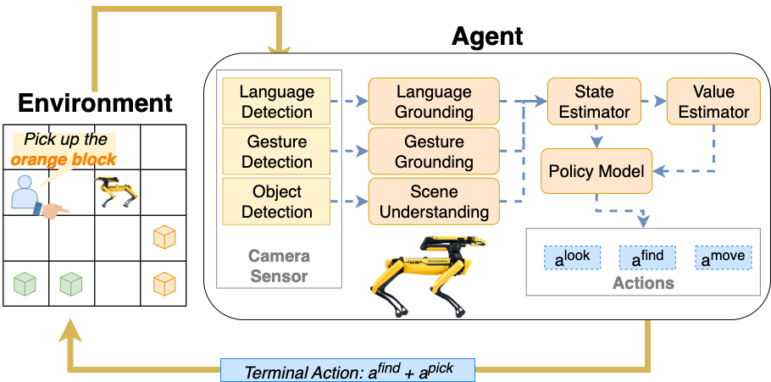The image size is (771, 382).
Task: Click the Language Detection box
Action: pyautogui.click(x=276, y=102)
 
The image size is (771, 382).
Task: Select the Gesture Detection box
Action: pyautogui.click(x=276, y=152)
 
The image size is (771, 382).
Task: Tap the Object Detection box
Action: pyautogui.click(x=276, y=202)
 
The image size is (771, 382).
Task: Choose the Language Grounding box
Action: pyautogui.click(x=434, y=102)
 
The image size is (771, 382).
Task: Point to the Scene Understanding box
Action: pyautogui.click(x=434, y=202)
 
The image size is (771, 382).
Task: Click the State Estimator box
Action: pyautogui.click(x=594, y=102)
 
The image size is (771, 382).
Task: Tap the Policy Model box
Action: pyautogui.click(x=596, y=171)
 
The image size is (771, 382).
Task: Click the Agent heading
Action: pyautogui.click(x=487, y=36)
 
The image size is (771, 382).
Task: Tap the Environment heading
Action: pyautogui.click(x=95, y=103)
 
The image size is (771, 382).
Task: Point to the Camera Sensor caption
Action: pyautogui.click(x=278, y=265)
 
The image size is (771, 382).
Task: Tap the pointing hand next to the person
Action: pyautogui.click(x=57, y=210)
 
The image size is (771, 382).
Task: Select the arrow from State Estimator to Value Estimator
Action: pyautogui.click(x=653, y=102)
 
